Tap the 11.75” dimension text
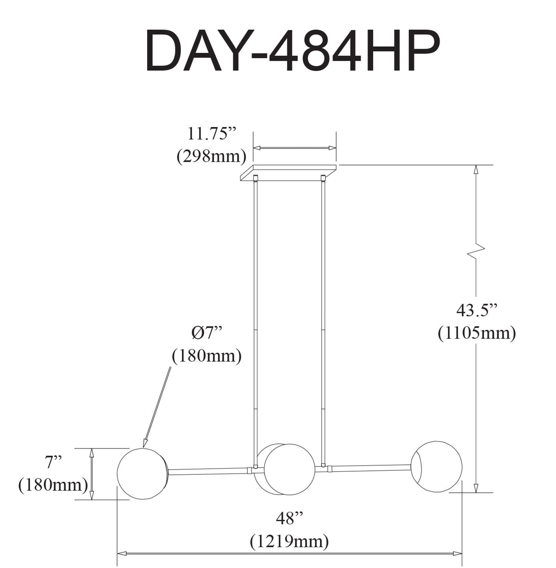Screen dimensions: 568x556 [x=212, y=134]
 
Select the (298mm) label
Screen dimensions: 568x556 [x=211, y=156]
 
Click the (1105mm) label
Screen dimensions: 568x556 [x=477, y=333]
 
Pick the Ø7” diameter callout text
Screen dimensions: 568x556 [x=207, y=333]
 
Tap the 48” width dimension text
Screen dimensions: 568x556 [x=289, y=518]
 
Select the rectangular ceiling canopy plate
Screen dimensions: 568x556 [x=288, y=173]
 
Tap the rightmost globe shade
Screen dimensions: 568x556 [x=437, y=467]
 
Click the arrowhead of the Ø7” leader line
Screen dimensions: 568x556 [x=145, y=444]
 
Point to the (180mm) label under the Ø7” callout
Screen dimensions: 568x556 [x=207, y=356]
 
